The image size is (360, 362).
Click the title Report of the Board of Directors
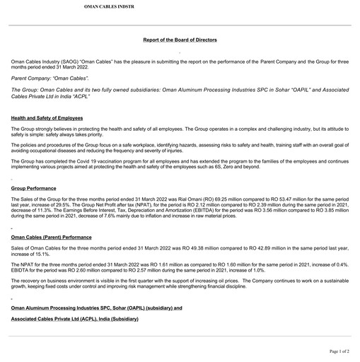[x=180, y=40]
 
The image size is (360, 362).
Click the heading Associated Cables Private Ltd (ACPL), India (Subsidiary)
[x=75, y=320]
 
